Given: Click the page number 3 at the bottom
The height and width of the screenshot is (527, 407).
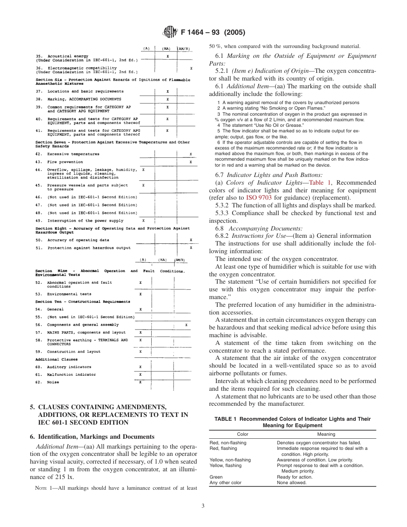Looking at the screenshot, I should (x=203, y=506).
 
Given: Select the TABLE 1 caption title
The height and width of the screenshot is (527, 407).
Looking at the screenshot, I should (x=292, y=422).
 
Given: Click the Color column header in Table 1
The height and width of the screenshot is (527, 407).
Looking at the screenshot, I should (x=242, y=434).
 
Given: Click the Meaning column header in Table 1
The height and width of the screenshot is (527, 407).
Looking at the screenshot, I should (x=326, y=434).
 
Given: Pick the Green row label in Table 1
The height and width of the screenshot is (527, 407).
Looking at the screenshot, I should (x=216, y=476).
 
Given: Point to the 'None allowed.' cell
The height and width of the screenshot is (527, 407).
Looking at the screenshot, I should (x=292, y=482).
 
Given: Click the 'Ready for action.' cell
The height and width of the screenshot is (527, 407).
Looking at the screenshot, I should (x=295, y=476).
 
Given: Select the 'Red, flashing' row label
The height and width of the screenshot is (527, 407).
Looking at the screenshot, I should (x=223, y=448).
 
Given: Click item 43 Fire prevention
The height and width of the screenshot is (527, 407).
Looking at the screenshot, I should (x=65, y=162).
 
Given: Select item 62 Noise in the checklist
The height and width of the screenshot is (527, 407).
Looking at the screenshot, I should (x=53, y=382).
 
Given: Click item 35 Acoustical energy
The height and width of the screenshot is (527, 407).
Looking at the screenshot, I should (x=68, y=56).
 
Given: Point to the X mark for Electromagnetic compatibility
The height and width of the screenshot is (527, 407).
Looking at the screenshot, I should (x=191, y=68).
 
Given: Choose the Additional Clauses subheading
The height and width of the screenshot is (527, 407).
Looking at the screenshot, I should (x=57, y=359).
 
